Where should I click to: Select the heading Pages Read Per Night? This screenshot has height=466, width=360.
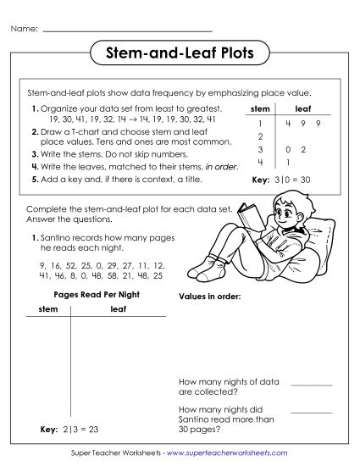97,294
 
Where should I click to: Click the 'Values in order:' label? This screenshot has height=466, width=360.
210,297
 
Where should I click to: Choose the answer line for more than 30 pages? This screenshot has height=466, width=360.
311,412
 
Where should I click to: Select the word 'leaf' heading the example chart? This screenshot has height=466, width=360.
302,108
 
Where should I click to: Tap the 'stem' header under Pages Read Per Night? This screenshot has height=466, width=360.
48,310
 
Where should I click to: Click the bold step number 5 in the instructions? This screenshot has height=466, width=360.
34,180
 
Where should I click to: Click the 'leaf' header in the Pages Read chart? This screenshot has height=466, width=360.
119,310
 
